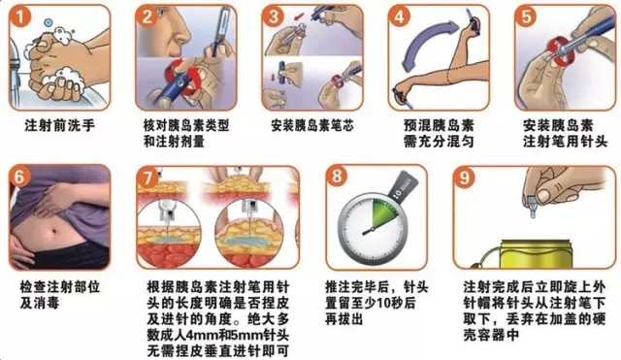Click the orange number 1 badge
[19, 17]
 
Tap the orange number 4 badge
[399, 17]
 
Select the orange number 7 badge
[147, 178]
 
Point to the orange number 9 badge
[464, 177]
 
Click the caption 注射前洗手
[60, 126]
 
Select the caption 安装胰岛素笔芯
[312, 126]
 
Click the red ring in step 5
[559, 51]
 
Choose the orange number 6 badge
[19, 177]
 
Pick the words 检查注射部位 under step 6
[59, 287]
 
